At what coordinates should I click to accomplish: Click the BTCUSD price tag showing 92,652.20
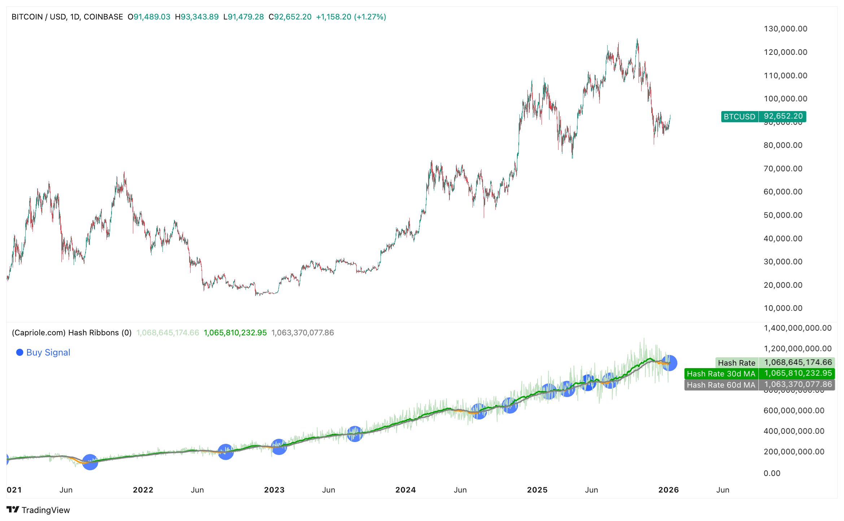[x=763, y=116]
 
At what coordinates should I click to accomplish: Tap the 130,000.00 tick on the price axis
[x=785, y=29]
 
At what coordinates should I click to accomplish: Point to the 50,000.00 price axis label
[x=783, y=215]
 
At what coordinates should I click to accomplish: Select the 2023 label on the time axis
[x=274, y=490]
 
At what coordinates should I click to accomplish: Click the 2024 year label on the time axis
[x=405, y=490]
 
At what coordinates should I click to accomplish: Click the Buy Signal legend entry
[x=43, y=352]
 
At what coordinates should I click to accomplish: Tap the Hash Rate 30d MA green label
[x=721, y=374]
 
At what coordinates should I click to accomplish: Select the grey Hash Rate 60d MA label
[x=721, y=385]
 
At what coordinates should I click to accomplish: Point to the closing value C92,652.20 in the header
[x=290, y=17]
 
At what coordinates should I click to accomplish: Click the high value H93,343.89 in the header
[x=197, y=17]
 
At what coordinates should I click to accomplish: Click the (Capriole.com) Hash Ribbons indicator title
[x=71, y=332]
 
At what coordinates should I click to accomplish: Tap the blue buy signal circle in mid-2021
[x=90, y=462]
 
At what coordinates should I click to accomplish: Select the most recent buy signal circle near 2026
[x=669, y=363]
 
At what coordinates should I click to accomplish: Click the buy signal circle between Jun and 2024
[x=355, y=434]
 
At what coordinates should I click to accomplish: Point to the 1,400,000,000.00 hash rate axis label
[x=797, y=328]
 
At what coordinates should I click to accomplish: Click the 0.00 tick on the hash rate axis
[x=772, y=473]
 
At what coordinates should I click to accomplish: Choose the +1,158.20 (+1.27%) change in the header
[x=351, y=17]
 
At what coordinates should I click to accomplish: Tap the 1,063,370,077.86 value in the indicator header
[x=303, y=332]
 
